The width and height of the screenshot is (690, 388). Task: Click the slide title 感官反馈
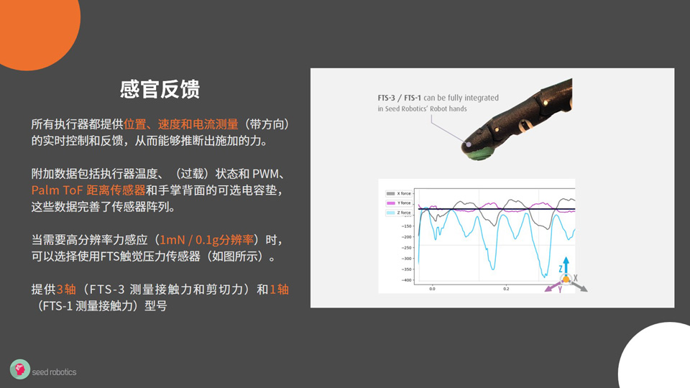tap(160, 89)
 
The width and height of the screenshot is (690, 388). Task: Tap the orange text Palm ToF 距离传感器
tap(88, 190)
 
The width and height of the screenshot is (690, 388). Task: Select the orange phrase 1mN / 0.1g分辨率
tap(206, 240)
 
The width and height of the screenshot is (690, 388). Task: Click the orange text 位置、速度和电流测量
tap(181, 124)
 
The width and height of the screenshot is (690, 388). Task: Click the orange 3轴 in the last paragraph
tap(66, 290)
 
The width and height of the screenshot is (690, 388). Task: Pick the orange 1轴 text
tap(279, 290)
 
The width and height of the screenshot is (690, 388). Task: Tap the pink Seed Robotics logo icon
tap(20, 369)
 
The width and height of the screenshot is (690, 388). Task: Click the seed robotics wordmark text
tap(54, 372)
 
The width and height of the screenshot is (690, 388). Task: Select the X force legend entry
tap(398, 193)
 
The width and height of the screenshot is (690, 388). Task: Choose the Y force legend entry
tap(398, 203)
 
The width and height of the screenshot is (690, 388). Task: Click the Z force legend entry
tap(398, 213)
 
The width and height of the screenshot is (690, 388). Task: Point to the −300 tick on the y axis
tap(406, 259)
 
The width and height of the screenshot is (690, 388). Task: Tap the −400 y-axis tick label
tap(406, 280)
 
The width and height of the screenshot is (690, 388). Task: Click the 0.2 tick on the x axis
tap(506, 289)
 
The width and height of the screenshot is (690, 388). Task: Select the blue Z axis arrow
tap(566, 266)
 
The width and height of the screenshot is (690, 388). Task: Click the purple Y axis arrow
tap(553, 286)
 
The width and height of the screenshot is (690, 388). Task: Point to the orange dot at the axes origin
tap(566, 280)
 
